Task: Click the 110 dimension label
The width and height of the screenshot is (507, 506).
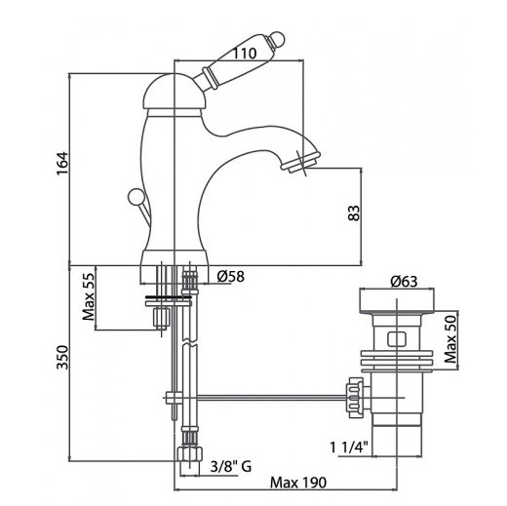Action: point(245,54)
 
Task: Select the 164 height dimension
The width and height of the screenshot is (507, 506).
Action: point(62,164)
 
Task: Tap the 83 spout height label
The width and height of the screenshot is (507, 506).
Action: point(354,213)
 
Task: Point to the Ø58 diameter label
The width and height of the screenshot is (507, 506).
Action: point(230,277)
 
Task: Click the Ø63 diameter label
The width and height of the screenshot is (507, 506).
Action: point(404,282)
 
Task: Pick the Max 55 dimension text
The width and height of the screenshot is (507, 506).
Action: point(88,296)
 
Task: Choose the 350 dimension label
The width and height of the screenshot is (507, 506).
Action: point(62,358)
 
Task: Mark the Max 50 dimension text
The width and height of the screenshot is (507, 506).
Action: point(450,339)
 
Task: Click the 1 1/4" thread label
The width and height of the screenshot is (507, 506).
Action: point(349,448)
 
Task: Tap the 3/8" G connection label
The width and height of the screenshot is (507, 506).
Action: point(231,467)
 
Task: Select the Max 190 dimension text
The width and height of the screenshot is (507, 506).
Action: point(298,483)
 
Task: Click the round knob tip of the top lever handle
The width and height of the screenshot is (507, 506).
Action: point(277,38)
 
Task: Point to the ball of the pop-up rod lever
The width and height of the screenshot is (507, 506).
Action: point(135,197)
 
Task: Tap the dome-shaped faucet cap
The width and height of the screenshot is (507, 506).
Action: point(175,92)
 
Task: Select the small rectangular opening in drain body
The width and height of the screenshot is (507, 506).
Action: point(397,339)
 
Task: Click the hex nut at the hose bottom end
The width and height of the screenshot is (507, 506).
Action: point(190,453)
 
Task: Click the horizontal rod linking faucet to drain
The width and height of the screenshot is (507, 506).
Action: point(272,397)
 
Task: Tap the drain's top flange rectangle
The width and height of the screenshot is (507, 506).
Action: point(397,300)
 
